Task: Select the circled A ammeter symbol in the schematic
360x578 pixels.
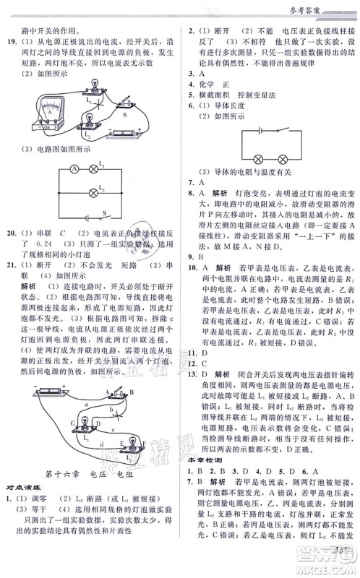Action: tap(73, 169)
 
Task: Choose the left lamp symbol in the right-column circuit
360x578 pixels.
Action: tap(257, 160)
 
